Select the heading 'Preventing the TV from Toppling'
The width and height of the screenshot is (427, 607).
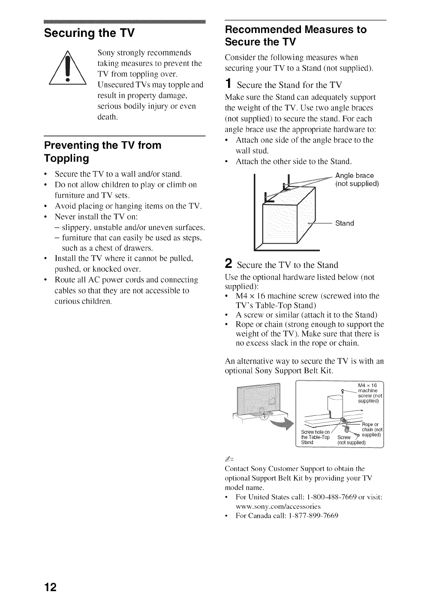103,152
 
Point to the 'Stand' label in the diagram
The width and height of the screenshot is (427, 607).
344,223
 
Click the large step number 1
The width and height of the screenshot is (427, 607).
229,84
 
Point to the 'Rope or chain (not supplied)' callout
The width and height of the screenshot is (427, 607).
371,430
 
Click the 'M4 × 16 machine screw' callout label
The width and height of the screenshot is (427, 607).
368,393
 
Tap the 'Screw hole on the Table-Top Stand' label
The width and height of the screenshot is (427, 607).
315,437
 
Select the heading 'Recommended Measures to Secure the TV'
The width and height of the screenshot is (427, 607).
296,36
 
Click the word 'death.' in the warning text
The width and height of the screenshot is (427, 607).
108,117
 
